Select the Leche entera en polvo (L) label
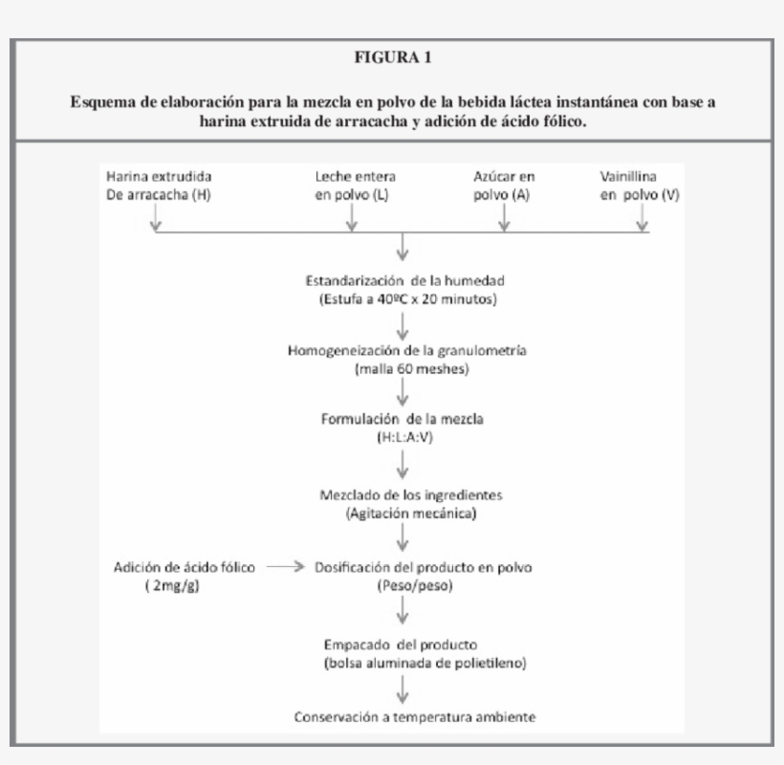(355, 186)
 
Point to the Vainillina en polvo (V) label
(639, 186)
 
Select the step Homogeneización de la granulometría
(407, 350)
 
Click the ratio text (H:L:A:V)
(403, 436)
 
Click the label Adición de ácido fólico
(184, 567)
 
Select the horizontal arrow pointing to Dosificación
(284, 566)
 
